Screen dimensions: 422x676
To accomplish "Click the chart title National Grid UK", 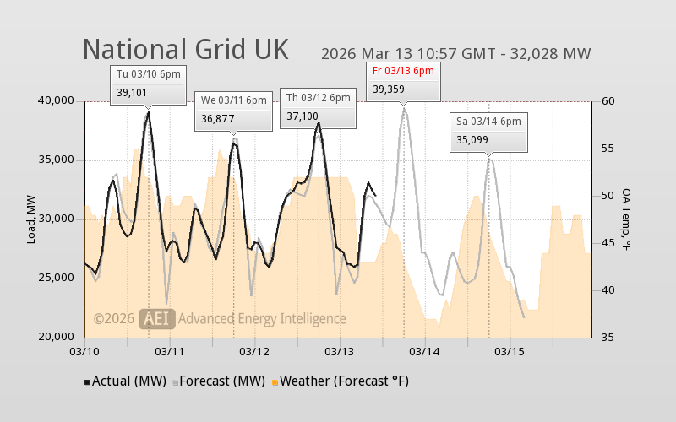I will coord(185,49).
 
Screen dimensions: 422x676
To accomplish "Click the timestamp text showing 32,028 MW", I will coord(455,54).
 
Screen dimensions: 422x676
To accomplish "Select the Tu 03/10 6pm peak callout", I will coord(148,84).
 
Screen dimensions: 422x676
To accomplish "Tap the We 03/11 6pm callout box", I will coord(233,110).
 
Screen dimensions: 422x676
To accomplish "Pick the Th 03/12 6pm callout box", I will coord(318,107).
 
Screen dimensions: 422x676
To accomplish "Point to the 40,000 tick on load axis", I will coord(56,101).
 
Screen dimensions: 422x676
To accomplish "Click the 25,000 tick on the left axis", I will coord(56,279).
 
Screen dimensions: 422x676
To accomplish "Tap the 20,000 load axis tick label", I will coord(56,338).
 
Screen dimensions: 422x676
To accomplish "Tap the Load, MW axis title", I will coord(31,219).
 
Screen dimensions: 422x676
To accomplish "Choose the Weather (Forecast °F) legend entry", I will coord(339,381).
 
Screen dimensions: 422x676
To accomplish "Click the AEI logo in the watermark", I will coord(157,318).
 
